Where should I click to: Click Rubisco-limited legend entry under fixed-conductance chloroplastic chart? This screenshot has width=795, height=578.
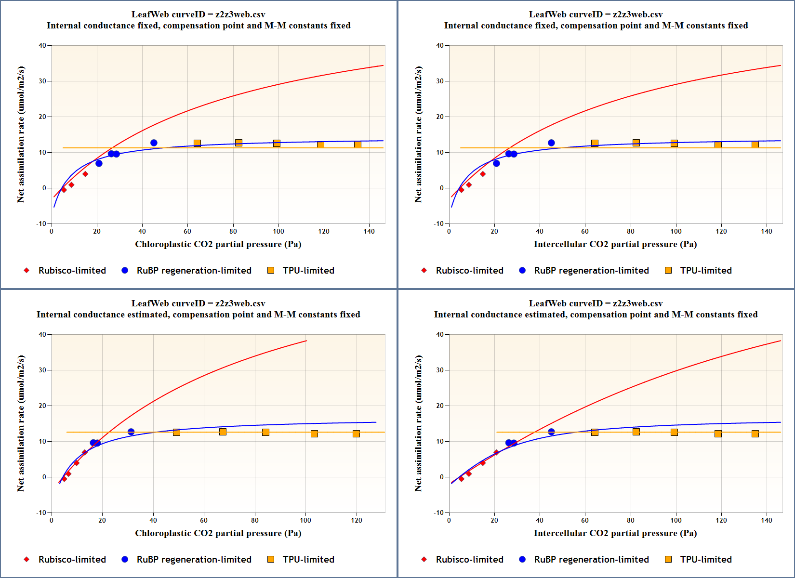click(72, 270)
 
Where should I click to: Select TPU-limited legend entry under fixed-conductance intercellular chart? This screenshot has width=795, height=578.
click(705, 270)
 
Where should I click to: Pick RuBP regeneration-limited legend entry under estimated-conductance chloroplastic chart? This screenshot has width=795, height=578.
click(194, 559)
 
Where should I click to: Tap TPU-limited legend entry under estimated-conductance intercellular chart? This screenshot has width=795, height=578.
click(705, 559)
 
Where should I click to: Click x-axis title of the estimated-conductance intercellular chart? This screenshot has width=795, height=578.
click(615, 533)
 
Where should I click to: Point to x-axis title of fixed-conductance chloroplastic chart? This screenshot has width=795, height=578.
click(218, 244)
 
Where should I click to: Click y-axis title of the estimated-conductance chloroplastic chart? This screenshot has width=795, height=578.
click(21, 423)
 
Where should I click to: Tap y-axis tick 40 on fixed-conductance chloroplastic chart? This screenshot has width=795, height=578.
click(42, 46)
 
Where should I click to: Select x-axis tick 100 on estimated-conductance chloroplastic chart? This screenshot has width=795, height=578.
click(305, 520)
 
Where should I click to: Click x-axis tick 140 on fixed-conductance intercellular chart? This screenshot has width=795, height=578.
click(767, 231)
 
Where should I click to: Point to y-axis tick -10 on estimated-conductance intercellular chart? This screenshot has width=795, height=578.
click(438, 512)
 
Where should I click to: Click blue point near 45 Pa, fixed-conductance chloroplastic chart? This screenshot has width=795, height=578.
click(154, 143)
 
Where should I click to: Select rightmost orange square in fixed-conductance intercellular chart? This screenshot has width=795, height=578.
click(755, 144)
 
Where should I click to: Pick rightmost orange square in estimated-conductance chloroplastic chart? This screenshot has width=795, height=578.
click(356, 433)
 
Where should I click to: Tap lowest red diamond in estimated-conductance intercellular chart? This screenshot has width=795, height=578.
click(461, 479)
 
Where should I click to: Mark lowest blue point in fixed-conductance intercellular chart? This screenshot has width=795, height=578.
click(496, 163)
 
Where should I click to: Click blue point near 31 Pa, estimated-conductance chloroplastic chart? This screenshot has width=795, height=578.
click(131, 432)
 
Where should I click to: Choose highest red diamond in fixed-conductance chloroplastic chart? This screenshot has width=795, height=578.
click(85, 174)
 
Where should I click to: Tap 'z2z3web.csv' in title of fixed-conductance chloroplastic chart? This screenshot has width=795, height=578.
click(240, 14)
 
